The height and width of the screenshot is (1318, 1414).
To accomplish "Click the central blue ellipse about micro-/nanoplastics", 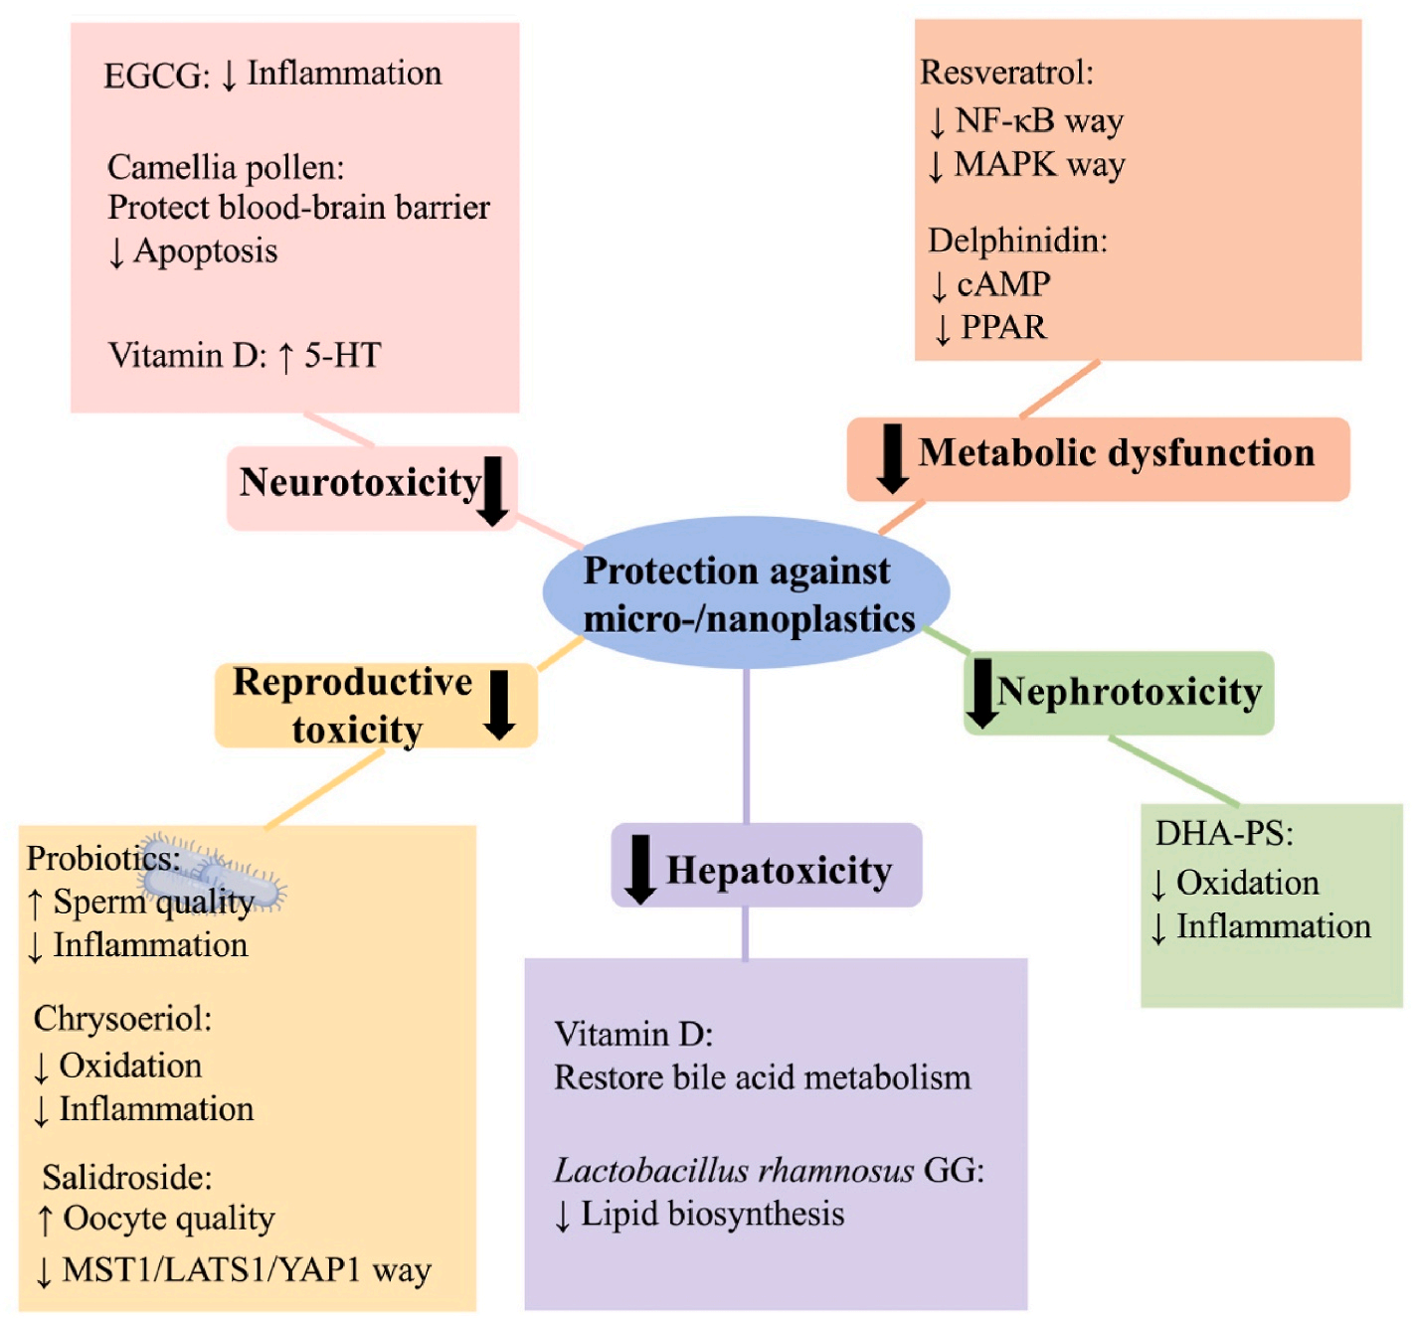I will [746, 593].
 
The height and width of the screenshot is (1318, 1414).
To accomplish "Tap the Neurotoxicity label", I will [360, 483].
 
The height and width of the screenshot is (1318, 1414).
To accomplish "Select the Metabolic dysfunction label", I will [1116, 453].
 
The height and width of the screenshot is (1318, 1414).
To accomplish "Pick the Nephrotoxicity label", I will [1130, 692].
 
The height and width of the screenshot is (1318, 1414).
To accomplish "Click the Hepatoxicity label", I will [780, 871].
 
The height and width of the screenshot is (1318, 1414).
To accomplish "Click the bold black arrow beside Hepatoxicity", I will [640, 869].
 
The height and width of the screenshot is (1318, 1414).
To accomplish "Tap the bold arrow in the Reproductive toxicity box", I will [499, 704].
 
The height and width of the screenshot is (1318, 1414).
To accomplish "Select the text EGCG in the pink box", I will [154, 76].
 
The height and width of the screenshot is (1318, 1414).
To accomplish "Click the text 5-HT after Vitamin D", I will [342, 356].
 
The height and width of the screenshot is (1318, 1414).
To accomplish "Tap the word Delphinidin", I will [1016, 241].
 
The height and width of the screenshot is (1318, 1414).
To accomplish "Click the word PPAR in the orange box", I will [1002, 327].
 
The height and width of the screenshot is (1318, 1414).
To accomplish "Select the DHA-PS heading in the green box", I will [1223, 833].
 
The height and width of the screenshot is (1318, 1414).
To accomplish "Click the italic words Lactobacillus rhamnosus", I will [734, 1171].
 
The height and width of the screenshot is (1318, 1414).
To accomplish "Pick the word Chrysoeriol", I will [121, 1019].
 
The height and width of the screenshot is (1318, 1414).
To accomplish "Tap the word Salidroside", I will [126, 1178].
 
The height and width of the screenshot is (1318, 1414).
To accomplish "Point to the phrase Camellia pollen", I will [225, 167].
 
